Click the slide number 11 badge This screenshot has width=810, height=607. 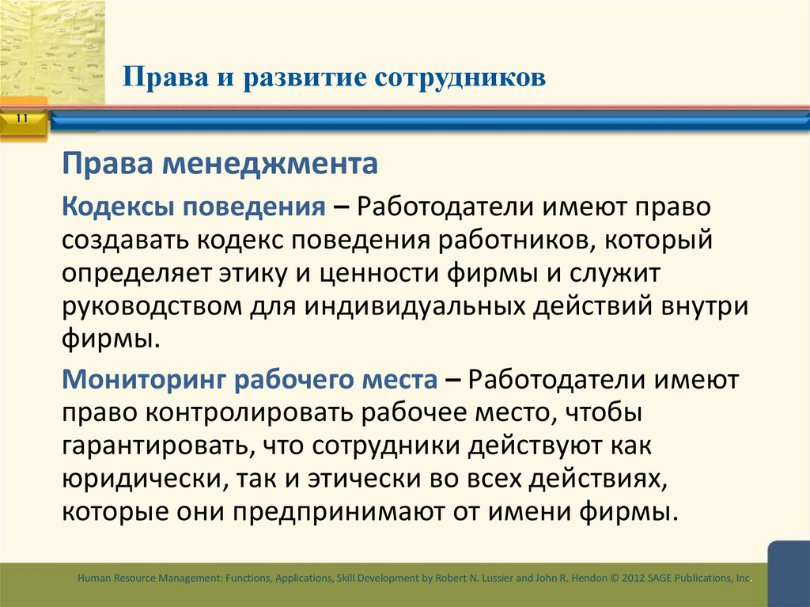(x=21, y=119)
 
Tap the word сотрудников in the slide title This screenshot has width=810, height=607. (x=459, y=78)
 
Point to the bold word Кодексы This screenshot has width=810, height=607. (x=119, y=207)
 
